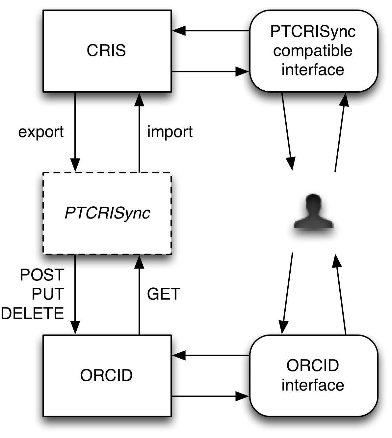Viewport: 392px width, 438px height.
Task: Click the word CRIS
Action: pos(106,51)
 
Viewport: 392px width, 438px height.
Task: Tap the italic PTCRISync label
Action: pos(107,213)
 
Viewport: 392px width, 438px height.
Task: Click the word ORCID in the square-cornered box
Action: pos(106,375)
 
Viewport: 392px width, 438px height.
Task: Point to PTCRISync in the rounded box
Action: pos(313,32)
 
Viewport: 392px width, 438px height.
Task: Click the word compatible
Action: pos(313,51)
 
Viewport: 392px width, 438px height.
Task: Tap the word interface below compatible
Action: pos(313,70)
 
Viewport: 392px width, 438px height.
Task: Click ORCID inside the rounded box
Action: pos(313,365)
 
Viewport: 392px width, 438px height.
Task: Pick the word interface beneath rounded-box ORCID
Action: pos(313,385)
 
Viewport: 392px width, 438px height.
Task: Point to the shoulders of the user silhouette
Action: pos(314,222)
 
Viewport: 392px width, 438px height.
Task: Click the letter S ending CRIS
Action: pos(121,51)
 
